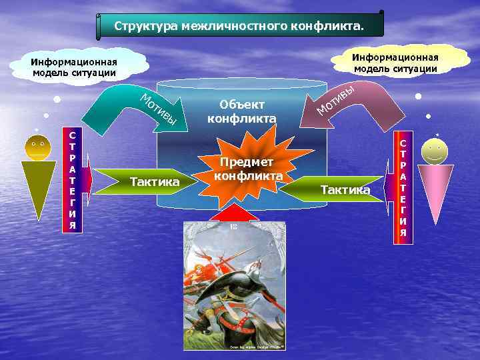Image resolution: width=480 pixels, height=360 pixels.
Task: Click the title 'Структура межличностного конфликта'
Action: tap(240, 26)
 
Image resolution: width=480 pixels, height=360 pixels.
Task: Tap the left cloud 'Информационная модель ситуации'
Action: tap(73, 67)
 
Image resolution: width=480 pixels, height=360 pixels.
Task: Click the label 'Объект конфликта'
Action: tap(241, 111)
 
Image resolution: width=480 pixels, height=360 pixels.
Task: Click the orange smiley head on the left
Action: tap(37, 147)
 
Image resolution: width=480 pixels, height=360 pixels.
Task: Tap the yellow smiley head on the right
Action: tap(434, 152)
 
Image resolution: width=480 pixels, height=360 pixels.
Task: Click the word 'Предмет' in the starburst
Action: tap(248, 163)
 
